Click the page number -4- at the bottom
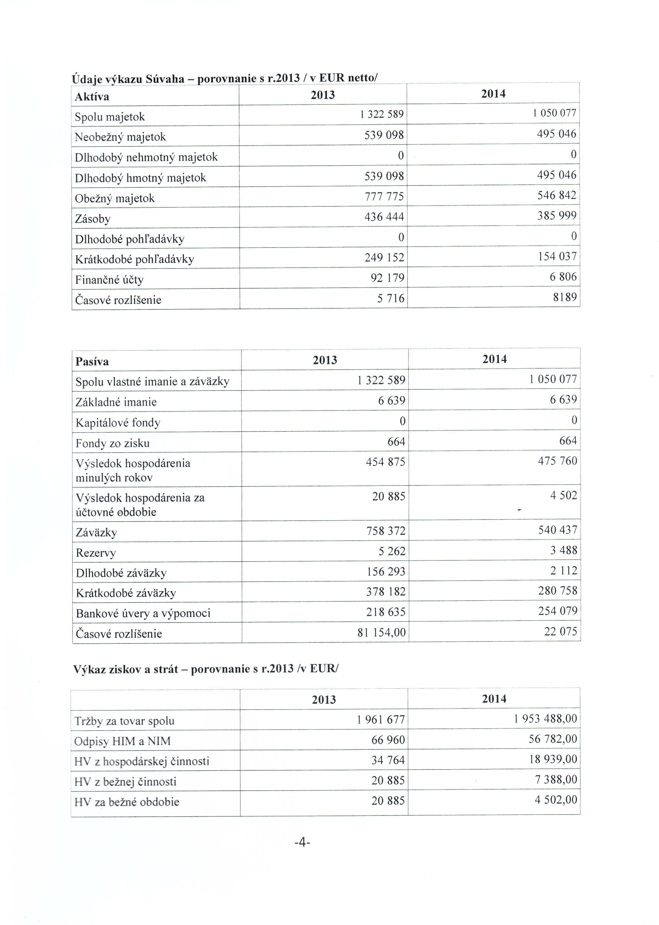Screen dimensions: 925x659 tap(302, 843)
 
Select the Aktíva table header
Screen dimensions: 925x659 tap(92, 97)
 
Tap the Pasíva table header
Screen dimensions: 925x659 tap(92, 361)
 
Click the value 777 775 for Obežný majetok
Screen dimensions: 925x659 tap(384, 196)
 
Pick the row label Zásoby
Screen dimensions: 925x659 tap(93, 219)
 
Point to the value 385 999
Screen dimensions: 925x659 tap(557, 216)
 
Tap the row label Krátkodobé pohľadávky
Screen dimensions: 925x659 tap(134, 259)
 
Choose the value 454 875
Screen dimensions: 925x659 tap(385, 462)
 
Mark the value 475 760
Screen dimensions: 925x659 tap(557, 461)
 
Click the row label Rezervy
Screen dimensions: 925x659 tap(96, 553)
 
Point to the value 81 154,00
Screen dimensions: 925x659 tap(381, 632)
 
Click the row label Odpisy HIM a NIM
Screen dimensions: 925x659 tap(122, 741)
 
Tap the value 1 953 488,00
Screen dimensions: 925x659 tap(545, 719)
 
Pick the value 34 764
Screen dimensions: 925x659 tap(388, 760)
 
